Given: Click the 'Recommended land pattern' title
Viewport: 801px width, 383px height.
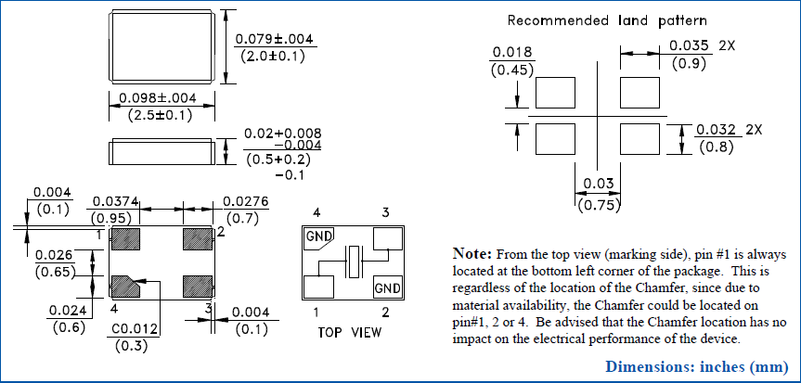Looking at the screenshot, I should tap(607, 20).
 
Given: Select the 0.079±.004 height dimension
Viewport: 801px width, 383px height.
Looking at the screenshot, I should tap(276, 40).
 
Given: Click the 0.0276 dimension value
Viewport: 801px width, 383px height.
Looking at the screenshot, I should tap(241, 201).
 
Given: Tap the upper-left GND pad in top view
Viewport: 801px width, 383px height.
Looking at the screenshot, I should tap(318, 237).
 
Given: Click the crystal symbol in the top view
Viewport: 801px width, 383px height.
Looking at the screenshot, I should tap(354, 263).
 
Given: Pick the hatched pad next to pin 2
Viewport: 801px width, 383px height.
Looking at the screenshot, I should tap(198, 238).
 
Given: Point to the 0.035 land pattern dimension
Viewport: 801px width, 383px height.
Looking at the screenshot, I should tap(689, 45).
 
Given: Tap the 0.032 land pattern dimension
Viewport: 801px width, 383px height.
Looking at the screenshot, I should tap(717, 129).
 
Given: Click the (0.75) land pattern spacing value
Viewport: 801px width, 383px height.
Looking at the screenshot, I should tap(598, 206).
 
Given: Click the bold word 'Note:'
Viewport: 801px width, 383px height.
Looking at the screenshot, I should tap(472, 253).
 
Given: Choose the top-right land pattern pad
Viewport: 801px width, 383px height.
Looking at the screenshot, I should tap(640, 94).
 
